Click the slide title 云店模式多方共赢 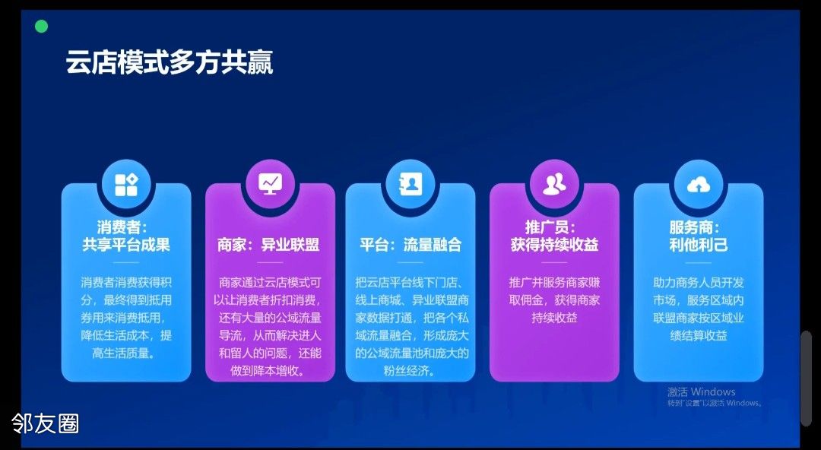[x=169, y=63]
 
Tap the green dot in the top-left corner [x=41, y=26]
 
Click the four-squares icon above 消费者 [x=126, y=185]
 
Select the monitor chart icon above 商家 [x=270, y=184]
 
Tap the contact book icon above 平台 [x=410, y=184]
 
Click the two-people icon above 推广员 [x=554, y=185]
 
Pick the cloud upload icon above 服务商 [x=699, y=185]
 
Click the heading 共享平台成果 [x=126, y=245]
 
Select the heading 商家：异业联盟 [x=268, y=245]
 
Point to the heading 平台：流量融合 [x=410, y=245]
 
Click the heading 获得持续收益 [x=554, y=245]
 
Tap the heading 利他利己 [x=699, y=245]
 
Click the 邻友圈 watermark [x=46, y=423]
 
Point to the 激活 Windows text [x=702, y=392]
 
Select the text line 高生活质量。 [x=126, y=353]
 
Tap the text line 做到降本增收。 [x=268, y=372]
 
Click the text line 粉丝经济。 [x=410, y=372]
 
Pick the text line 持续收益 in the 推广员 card [x=554, y=318]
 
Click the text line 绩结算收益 [x=699, y=336]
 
